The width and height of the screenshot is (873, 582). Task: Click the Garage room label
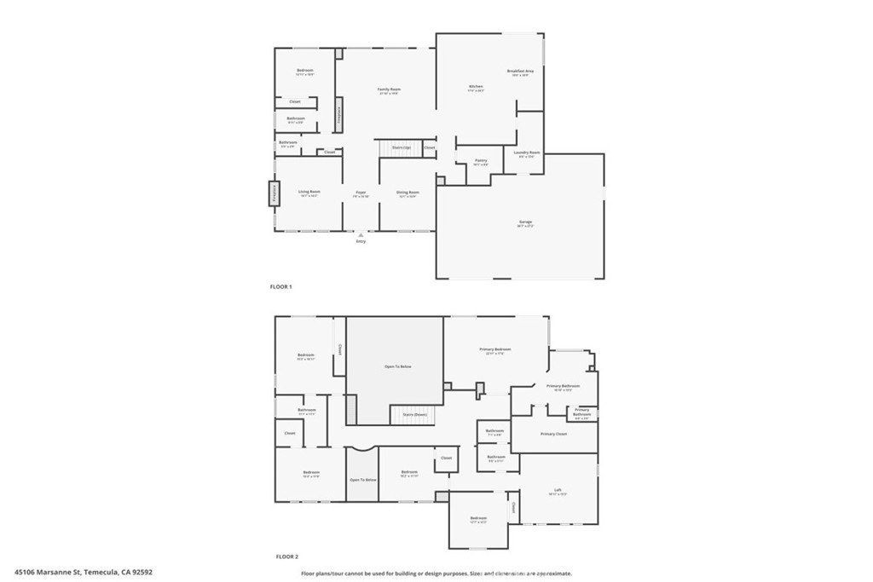(525, 222)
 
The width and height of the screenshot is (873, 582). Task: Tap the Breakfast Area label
(520, 71)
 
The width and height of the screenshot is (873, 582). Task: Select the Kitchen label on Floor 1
(476, 86)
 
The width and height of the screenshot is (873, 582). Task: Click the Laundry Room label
(529, 153)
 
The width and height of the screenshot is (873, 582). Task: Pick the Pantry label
(481, 160)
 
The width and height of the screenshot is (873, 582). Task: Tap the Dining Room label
(408, 193)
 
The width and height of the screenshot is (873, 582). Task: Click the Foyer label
(361, 193)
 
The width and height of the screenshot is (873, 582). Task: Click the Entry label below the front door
(361, 241)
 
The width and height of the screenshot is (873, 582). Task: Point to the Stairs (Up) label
(402, 147)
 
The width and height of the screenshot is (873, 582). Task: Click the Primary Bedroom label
(495, 349)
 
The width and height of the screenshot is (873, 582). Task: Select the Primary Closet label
(553, 434)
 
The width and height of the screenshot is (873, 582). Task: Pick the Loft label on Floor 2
(558, 490)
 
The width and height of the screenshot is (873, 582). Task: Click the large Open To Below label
(394, 366)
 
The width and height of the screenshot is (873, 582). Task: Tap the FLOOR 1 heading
(281, 287)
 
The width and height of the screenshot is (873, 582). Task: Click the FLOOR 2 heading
(287, 556)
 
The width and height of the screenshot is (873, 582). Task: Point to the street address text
(84, 573)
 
